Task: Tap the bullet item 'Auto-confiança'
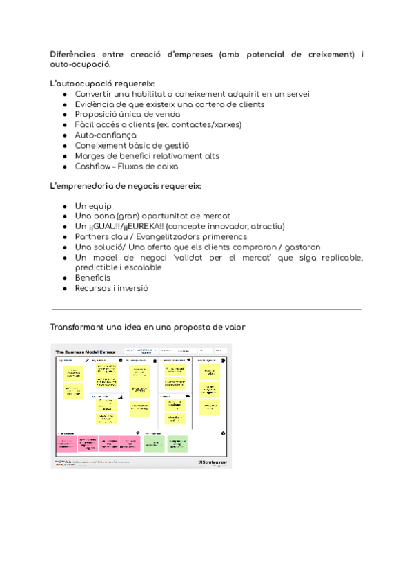[105, 135]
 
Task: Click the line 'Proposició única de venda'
[128, 115]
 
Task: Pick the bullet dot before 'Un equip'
[64, 206]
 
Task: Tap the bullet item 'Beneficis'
[92, 278]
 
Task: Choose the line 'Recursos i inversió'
[111, 288]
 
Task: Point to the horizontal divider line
[206, 310]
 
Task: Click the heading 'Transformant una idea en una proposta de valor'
[148, 327]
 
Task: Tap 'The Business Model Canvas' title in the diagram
[86, 352]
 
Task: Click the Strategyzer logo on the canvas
[211, 462]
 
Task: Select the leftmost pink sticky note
[66, 443]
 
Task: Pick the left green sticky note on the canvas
[155, 443]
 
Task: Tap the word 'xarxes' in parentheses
[228, 125]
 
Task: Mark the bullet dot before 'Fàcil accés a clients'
[64, 125]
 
